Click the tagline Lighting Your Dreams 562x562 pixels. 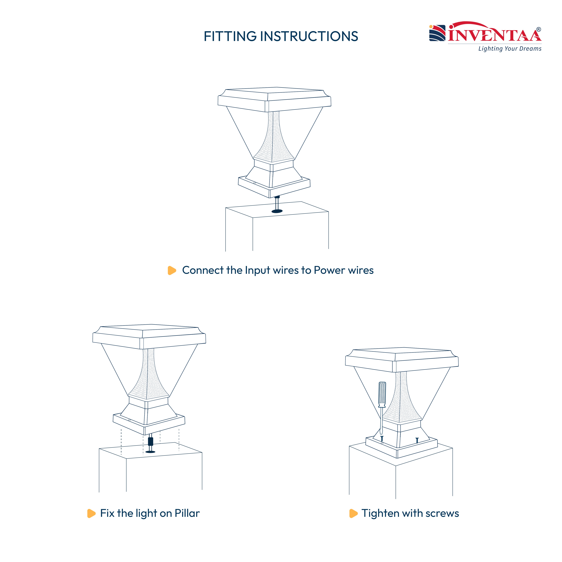(510, 49)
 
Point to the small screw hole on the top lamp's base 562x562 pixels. (254, 183)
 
